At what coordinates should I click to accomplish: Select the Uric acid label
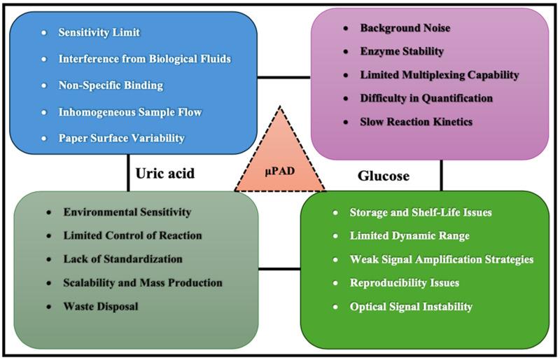tap(166, 172)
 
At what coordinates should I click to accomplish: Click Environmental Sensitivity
tap(127, 212)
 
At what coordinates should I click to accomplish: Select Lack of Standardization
tap(123, 258)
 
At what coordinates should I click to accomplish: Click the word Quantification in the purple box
tap(458, 98)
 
